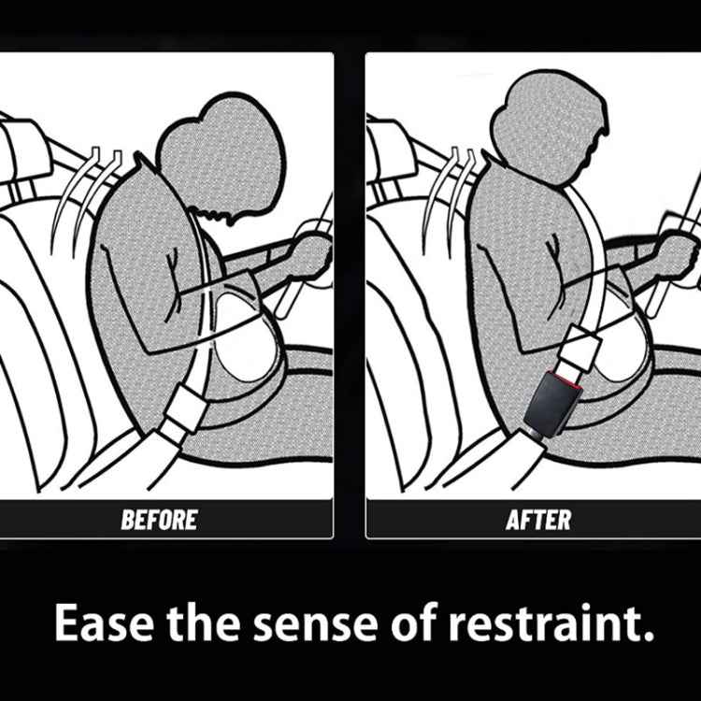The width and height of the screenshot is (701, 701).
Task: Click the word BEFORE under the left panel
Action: click(159, 520)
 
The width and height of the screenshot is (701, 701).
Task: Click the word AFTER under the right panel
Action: click(537, 520)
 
